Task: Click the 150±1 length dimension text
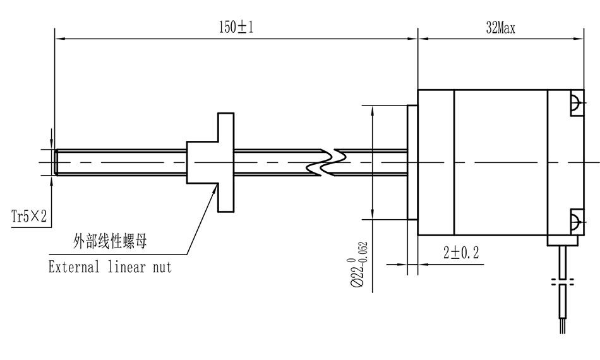click(236, 27)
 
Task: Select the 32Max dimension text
click(500, 28)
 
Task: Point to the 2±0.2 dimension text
click(461, 253)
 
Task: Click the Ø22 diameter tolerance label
click(357, 264)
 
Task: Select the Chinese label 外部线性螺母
click(110, 241)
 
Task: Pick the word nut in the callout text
click(162, 267)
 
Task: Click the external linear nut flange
click(225, 162)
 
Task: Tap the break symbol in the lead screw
click(326, 162)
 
